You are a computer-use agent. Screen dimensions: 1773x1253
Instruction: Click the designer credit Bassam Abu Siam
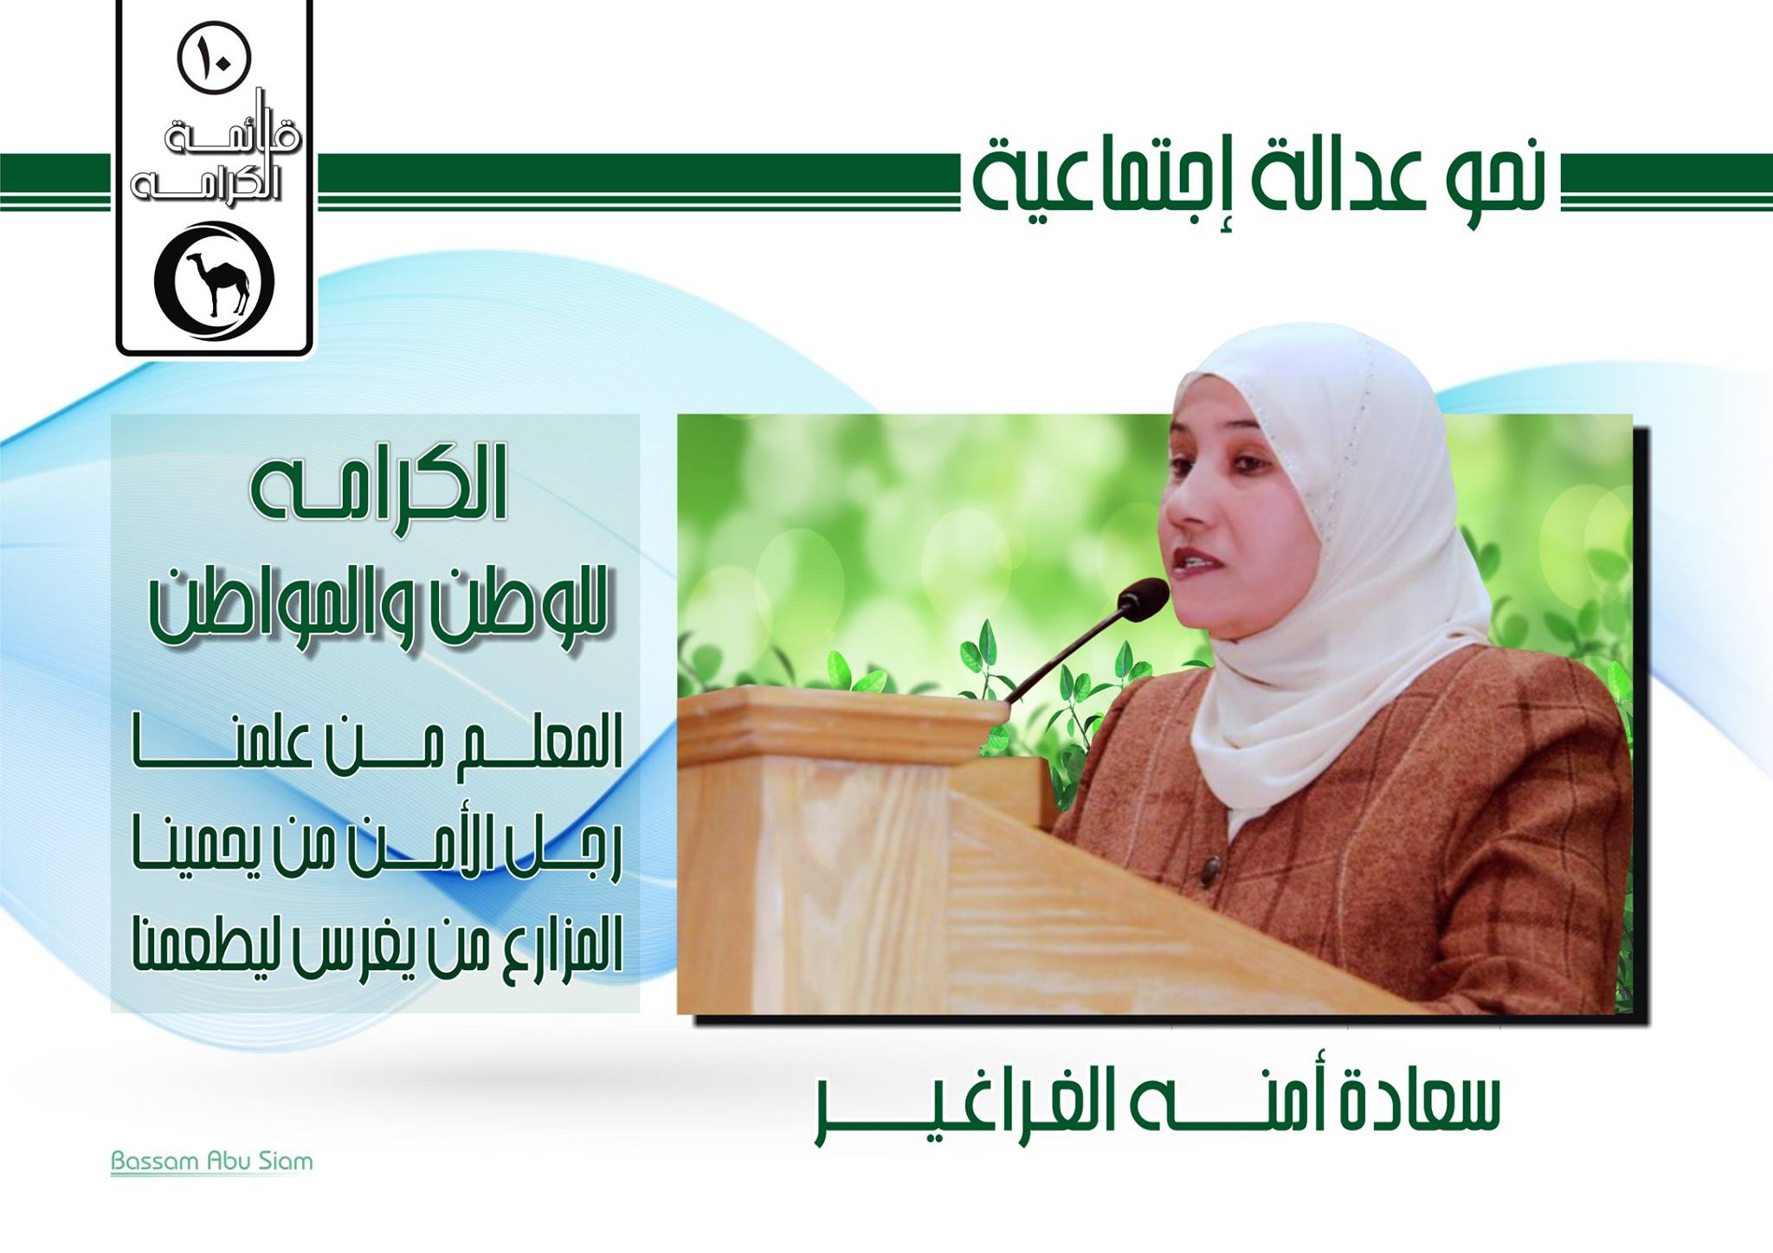[211, 1160]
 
